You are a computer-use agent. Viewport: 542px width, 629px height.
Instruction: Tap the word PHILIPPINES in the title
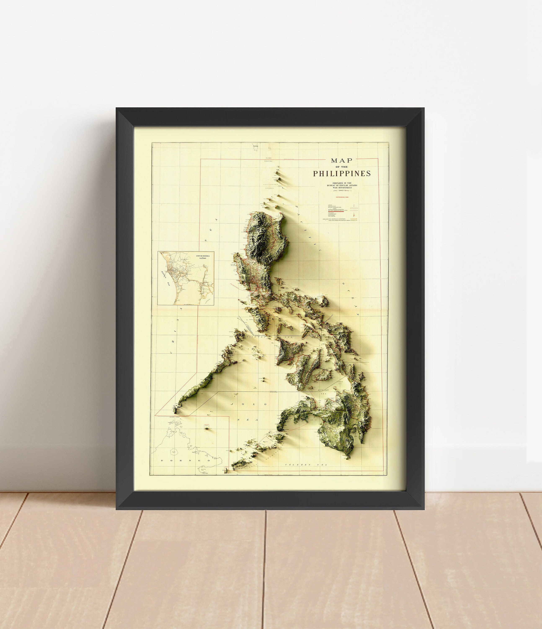click(342, 174)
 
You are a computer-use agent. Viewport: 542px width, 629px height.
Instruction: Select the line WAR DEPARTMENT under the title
click(342, 188)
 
